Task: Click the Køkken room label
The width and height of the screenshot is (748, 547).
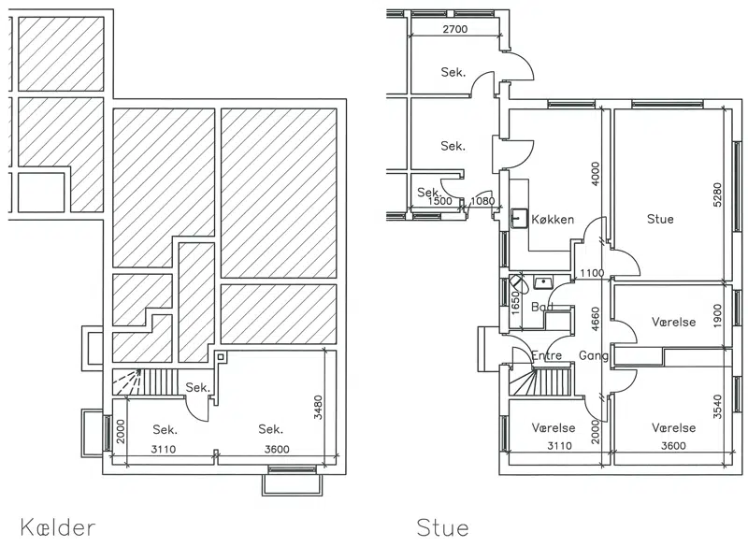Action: pyautogui.click(x=553, y=220)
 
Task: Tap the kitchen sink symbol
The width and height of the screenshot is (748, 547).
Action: pyautogui.click(x=519, y=218)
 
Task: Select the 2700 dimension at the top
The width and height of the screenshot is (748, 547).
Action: pyautogui.click(x=455, y=29)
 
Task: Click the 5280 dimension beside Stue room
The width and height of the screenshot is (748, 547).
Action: pyautogui.click(x=717, y=194)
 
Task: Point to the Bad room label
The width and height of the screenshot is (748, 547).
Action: pyautogui.click(x=542, y=306)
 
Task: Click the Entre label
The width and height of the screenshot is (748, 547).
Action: pyautogui.click(x=547, y=355)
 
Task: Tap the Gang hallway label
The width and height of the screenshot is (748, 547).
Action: pyautogui.click(x=594, y=355)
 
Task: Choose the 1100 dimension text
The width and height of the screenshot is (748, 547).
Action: pyautogui.click(x=592, y=273)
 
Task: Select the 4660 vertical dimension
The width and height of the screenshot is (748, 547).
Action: pyautogui.click(x=595, y=319)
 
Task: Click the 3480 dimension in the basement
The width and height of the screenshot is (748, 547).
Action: pyautogui.click(x=318, y=407)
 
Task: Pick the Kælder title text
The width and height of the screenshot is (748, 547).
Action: pyautogui.click(x=58, y=527)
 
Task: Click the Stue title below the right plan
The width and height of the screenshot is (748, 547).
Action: pyautogui.click(x=442, y=527)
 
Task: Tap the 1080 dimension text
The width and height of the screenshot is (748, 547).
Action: pyautogui.click(x=482, y=201)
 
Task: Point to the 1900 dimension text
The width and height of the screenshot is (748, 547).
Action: pyautogui.click(x=718, y=315)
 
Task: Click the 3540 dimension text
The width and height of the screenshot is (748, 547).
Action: pyautogui.click(x=718, y=407)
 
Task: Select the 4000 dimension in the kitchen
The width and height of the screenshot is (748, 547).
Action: pyautogui.click(x=595, y=174)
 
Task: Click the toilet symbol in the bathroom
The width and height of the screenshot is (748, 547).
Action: pyautogui.click(x=519, y=283)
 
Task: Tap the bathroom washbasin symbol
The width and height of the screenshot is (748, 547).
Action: pyautogui.click(x=543, y=282)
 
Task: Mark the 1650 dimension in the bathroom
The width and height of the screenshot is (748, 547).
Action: pyautogui.click(x=515, y=301)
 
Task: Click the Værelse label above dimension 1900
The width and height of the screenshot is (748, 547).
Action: pyautogui.click(x=673, y=322)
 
